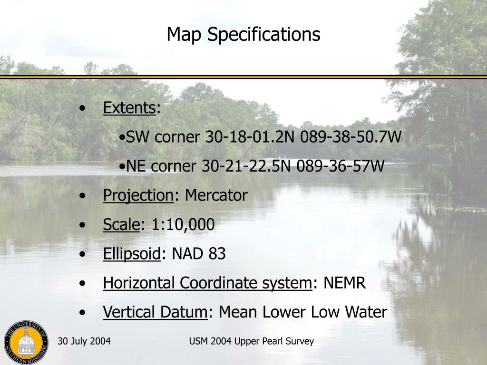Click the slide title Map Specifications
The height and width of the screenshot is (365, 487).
point(243,34)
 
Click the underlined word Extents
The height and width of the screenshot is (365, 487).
point(129,108)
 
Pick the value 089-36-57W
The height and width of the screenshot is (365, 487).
point(340,166)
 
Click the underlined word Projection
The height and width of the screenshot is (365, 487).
point(138,195)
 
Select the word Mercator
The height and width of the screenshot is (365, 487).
point(216,195)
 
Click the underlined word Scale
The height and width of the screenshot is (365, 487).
point(121,224)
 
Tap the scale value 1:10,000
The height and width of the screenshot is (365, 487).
point(183,224)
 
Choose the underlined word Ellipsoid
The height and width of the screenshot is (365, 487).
point(132,254)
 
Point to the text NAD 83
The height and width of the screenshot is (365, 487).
point(198,254)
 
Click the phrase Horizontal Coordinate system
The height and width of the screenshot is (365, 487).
point(207,283)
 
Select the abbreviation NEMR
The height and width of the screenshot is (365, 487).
point(345,283)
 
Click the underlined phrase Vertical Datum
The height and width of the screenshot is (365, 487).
point(155,312)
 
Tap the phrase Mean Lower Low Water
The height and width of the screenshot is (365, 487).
point(303,312)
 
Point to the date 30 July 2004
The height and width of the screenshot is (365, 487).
point(84,341)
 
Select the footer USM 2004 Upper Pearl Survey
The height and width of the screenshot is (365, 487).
point(251,341)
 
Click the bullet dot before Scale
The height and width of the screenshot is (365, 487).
point(84,225)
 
